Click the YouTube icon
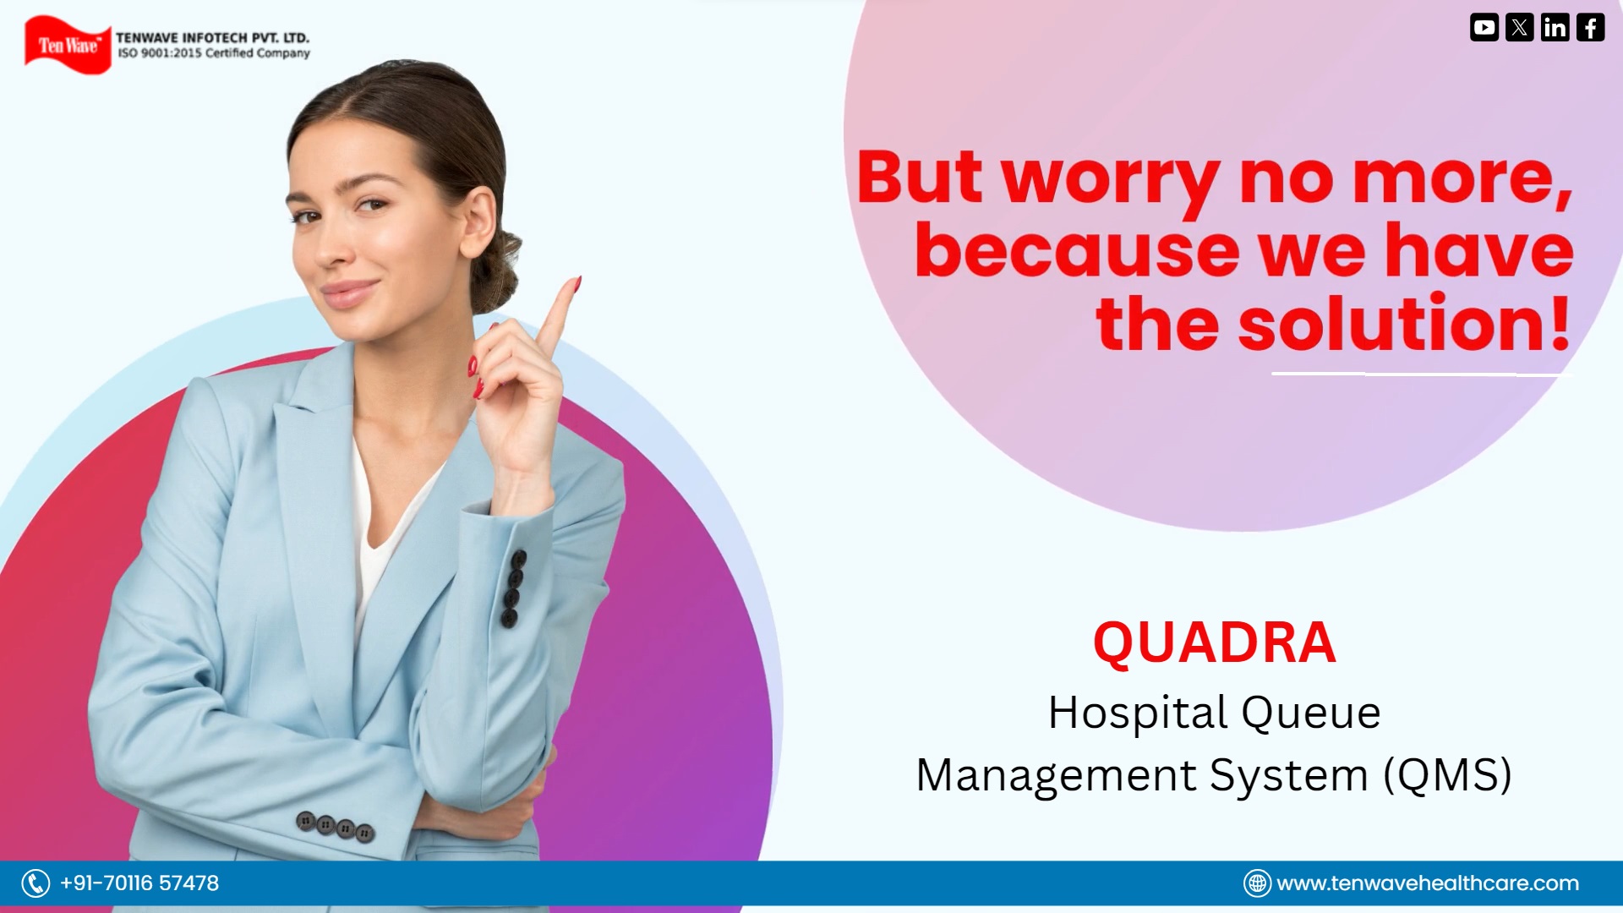[x=1484, y=27]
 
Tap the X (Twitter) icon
[x=1519, y=27]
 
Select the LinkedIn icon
[x=1555, y=27]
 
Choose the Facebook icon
[x=1590, y=27]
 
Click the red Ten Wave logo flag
[x=68, y=45]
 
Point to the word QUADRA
[x=1215, y=643]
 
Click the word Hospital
[x=1138, y=713]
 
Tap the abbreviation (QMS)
[x=1447, y=775]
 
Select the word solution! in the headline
[x=1404, y=324]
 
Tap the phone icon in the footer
[x=36, y=883]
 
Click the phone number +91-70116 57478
[x=139, y=883]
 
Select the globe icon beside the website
[x=1257, y=883]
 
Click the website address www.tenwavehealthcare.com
[x=1428, y=883]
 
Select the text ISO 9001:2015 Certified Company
[x=214, y=53]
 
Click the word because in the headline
[x=1076, y=251]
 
